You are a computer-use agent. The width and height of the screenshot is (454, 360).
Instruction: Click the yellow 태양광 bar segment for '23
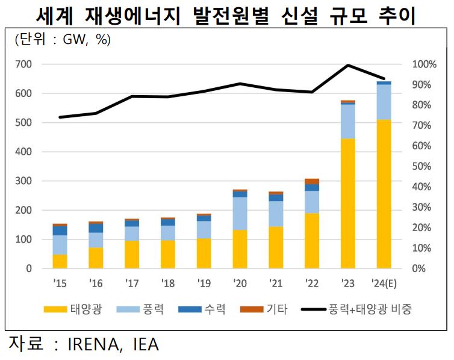(x=347, y=203)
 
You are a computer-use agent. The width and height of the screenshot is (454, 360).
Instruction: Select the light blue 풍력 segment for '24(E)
(x=384, y=102)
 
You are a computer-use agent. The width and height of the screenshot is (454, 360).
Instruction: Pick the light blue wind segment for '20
(x=240, y=213)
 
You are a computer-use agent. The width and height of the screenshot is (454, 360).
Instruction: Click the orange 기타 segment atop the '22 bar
(x=312, y=181)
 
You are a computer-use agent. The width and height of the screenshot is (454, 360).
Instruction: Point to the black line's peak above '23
(x=347, y=65)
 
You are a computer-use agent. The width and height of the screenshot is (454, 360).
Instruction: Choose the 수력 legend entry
(x=202, y=309)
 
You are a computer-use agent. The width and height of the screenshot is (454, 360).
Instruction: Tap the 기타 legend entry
(x=263, y=309)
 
